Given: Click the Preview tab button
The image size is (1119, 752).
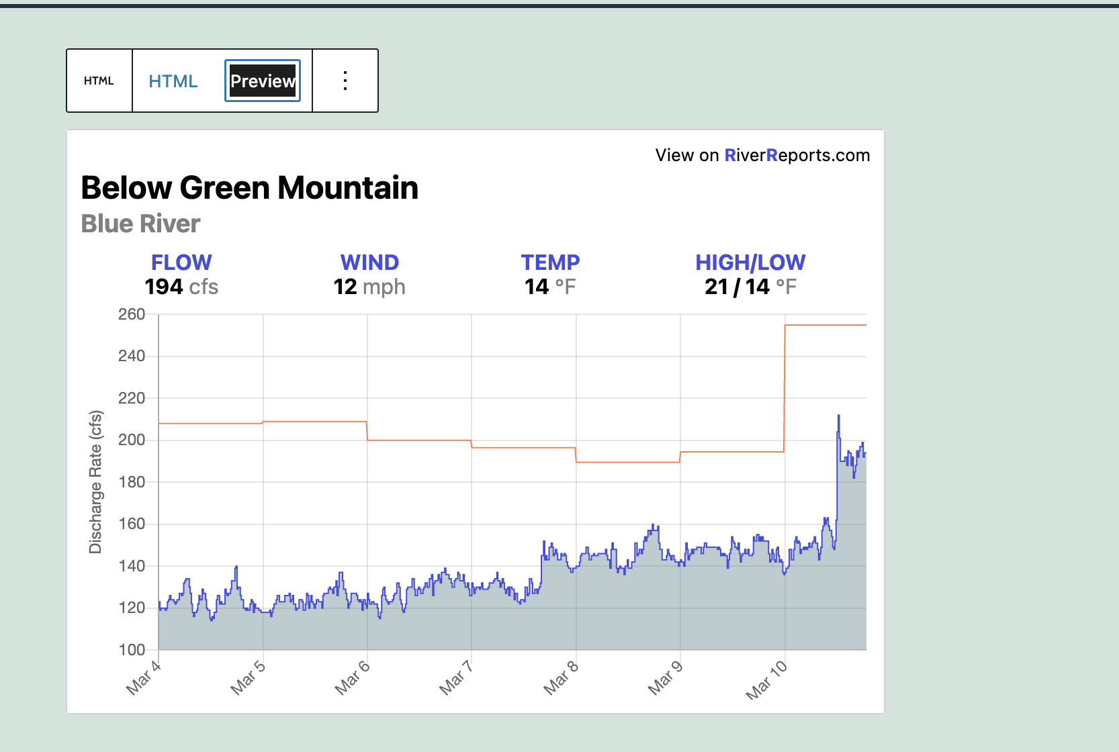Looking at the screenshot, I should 263,81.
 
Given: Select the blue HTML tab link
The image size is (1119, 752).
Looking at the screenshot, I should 173,81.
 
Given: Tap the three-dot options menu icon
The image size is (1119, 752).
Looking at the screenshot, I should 345,81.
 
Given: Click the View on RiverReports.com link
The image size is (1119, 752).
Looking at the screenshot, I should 762,155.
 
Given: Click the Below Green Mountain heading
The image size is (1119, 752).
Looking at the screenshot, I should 249,187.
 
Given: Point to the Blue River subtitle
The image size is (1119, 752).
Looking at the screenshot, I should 140,224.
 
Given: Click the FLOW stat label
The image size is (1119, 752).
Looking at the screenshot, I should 181,263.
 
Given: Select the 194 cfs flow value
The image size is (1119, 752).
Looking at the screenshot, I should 181,287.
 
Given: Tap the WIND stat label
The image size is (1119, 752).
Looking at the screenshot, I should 369,263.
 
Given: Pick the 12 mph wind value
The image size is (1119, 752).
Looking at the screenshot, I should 369,287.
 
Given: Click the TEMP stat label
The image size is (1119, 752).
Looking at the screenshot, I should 550,263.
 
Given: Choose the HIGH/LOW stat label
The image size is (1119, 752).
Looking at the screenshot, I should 750,263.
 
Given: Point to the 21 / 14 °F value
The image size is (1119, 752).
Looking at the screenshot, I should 750,287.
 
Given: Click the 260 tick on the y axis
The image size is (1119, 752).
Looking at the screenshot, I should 132,314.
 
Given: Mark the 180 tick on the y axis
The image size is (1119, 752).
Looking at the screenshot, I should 132,482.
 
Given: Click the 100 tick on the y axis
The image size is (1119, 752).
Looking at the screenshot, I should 132,650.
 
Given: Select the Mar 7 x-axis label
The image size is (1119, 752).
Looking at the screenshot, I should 456,677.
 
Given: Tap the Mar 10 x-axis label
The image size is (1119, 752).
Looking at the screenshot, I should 766,679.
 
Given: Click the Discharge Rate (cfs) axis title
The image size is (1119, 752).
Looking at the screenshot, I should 95,481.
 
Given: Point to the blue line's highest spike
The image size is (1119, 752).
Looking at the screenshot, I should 838,416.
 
